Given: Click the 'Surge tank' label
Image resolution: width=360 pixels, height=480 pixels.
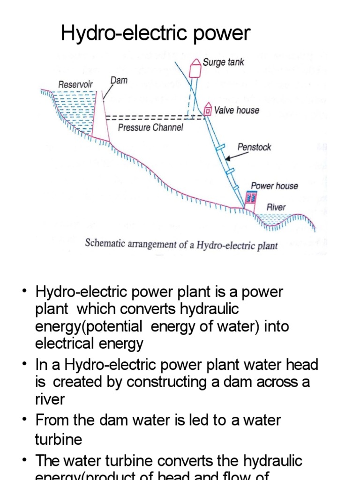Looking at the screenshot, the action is (x=223, y=62).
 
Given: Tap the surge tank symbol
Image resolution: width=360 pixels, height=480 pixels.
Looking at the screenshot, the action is (x=195, y=68).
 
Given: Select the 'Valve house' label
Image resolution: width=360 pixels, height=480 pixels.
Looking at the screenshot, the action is (x=236, y=111).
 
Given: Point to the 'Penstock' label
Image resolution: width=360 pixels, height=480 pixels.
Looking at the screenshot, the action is (x=254, y=147).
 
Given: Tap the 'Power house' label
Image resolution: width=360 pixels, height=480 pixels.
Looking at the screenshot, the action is (x=274, y=186).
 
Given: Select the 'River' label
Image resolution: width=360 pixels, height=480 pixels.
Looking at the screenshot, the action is (x=276, y=207).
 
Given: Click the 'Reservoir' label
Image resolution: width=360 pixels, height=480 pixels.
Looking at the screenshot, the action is (x=75, y=85).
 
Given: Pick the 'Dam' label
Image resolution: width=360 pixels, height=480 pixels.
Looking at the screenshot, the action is (x=119, y=81).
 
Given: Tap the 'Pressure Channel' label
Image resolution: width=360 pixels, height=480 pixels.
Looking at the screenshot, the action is (x=150, y=127).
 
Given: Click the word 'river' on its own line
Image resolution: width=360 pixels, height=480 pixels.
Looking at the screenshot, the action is (x=50, y=399).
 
